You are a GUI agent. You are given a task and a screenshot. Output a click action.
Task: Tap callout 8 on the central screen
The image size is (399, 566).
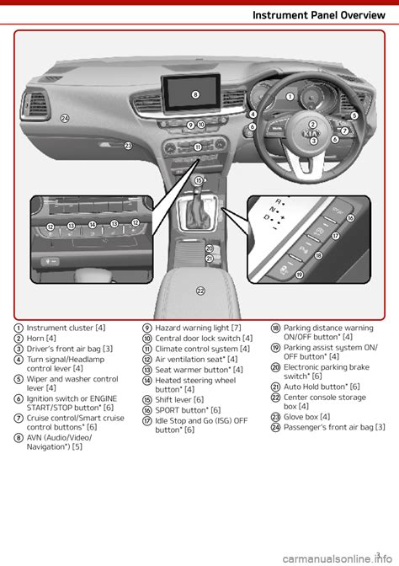(x=194, y=94)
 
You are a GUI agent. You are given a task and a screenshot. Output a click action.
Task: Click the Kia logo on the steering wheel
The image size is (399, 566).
(x=311, y=134)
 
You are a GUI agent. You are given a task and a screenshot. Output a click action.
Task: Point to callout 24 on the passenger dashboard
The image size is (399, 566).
(x=65, y=119)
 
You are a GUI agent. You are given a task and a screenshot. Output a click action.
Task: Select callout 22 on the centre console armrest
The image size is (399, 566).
(x=200, y=291)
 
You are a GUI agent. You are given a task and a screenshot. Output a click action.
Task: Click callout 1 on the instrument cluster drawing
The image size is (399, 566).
(x=290, y=97)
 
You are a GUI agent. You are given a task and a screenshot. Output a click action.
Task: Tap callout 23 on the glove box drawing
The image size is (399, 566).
(x=129, y=146)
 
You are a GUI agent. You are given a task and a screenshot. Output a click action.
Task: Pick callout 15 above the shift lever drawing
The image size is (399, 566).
(x=199, y=180)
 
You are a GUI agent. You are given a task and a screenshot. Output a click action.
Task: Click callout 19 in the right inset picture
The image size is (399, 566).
(x=300, y=275)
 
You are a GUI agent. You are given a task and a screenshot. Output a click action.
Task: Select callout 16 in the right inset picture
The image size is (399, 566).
(x=350, y=218)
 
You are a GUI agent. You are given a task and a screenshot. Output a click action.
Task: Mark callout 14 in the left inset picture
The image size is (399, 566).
(x=93, y=224)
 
